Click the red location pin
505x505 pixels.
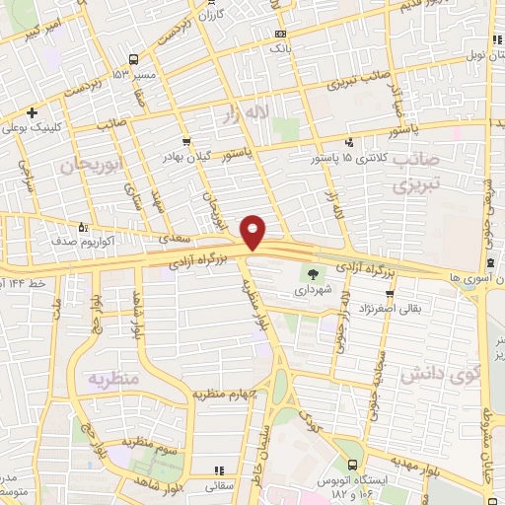click(x=253, y=232)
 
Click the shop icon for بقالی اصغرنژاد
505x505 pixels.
click(x=390, y=294)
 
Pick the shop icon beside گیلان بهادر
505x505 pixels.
click(x=187, y=143)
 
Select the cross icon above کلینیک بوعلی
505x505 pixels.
click(x=33, y=111)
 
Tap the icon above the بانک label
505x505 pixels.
click(x=280, y=34)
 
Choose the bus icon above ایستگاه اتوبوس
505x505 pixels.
click(x=352, y=465)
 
